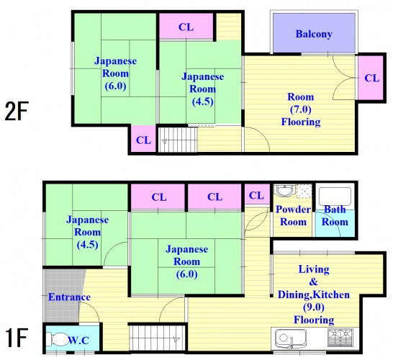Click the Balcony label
314,34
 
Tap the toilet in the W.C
56,339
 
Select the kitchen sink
291,338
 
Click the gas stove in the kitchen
340,338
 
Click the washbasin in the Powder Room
284,192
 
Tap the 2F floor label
17,111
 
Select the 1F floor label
16,337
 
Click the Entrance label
69,297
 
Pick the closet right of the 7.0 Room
371,78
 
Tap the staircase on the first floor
157,338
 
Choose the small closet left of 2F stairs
144,139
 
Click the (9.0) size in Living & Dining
314,307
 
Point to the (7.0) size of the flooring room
301,109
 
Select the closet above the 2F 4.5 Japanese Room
186,27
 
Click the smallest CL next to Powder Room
257,195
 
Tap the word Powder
293,210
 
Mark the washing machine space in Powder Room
304,192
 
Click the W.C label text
78,340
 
